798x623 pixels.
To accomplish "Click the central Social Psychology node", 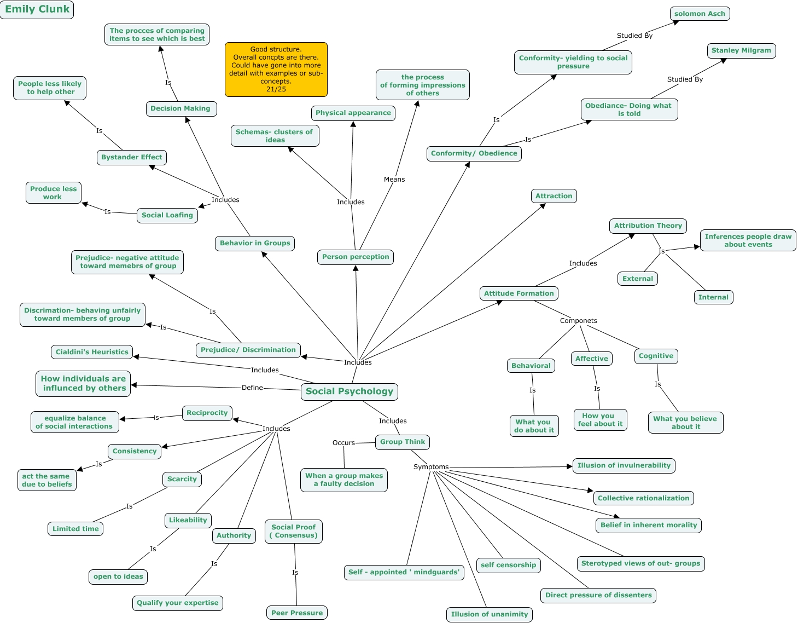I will pos(350,391).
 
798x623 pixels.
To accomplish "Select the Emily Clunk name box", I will pos(37,9).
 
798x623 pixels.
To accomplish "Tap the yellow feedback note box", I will pos(276,70).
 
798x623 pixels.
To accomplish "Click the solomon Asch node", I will pos(700,14).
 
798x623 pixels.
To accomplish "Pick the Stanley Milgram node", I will pos(741,50).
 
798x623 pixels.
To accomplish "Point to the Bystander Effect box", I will pos(131,157).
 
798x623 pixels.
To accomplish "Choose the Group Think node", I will pos(403,442).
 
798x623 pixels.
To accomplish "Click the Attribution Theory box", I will pos(648,226).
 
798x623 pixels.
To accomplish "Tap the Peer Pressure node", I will pos(297,613).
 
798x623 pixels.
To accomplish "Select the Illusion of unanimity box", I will pos(490,614).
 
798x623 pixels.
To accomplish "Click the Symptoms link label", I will pos(431,467).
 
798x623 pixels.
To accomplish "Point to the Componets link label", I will pos(578,321).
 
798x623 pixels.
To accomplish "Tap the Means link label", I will pos(394,180).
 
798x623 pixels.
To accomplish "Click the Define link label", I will pos(252,388).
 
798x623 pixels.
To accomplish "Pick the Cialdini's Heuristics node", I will pos(92,352).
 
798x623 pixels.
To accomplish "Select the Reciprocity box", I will pos(207,413).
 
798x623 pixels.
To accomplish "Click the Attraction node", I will pos(554,196).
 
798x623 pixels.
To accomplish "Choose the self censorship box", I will pos(508,565).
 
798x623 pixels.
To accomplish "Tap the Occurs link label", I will pos(343,443).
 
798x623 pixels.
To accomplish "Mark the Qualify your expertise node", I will pos(177,603).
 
